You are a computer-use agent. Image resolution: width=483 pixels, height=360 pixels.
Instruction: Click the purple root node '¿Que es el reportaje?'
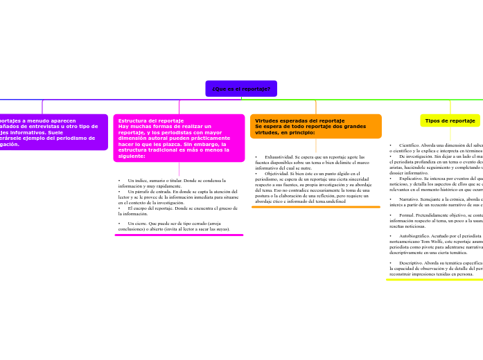[x=241, y=89]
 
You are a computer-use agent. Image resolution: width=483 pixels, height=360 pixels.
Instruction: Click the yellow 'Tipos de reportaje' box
[x=450, y=120]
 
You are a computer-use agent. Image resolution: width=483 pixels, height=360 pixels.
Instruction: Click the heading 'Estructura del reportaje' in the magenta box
[x=151, y=120]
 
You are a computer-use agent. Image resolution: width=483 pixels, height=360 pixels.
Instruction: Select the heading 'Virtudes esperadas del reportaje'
[x=295, y=120]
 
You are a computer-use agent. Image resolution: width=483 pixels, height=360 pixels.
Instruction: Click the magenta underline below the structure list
[x=179, y=235]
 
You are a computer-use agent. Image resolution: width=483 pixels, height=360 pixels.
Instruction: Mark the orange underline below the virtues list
[x=315, y=206]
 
